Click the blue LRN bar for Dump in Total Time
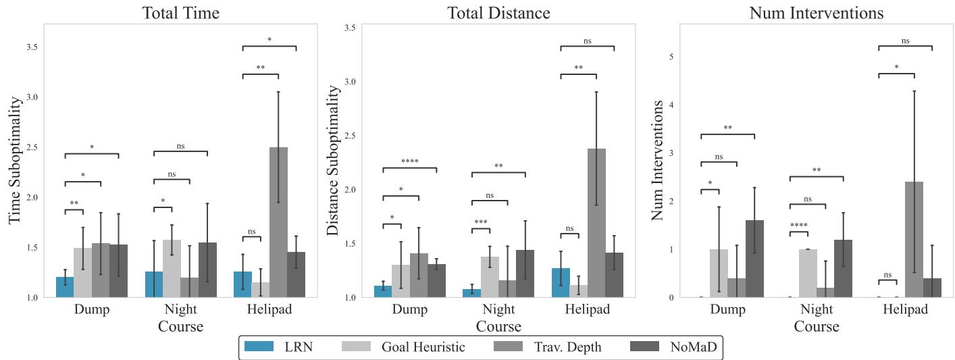point(65,287)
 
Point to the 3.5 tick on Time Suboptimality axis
point(32,47)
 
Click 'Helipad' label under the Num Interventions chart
point(904,310)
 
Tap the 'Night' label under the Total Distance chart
point(498,310)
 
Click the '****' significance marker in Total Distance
point(409,161)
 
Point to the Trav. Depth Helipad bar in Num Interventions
point(914,240)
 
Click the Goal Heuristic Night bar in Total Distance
point(490,277)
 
